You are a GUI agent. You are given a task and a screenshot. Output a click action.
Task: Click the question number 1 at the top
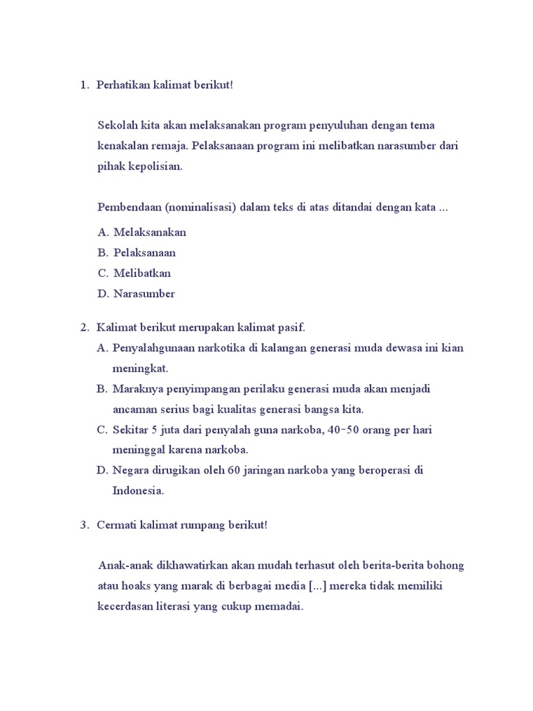tap(83, 85)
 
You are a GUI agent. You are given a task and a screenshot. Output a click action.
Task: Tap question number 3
tap(83, 526)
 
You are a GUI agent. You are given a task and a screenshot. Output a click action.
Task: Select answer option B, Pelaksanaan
tap(144, 253)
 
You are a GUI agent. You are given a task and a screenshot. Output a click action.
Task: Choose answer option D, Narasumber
tap(144, 294)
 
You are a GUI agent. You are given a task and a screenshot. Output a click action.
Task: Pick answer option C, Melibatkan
tap(142, 273)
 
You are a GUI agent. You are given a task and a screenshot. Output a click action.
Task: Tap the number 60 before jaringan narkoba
tap(234, 470)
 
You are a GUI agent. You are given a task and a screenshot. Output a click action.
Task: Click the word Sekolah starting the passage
tap(118, 126)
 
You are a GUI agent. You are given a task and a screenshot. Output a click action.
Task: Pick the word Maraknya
tap(136, 389)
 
